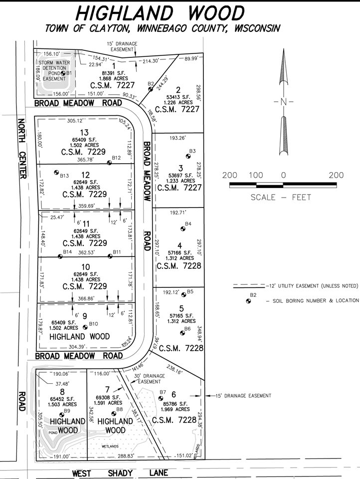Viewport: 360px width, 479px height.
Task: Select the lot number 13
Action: pyautogui.click(x=84, y=131)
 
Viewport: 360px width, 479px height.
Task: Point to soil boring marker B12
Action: pyautogui.click(x=110, y=163)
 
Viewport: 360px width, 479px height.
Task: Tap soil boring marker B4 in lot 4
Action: pyautogui.click(x=182, y=229)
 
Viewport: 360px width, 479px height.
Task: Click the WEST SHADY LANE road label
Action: pyautogui.click(x=120, y=473)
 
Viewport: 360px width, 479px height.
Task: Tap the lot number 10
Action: pyautogui.click(x=85, y=267)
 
